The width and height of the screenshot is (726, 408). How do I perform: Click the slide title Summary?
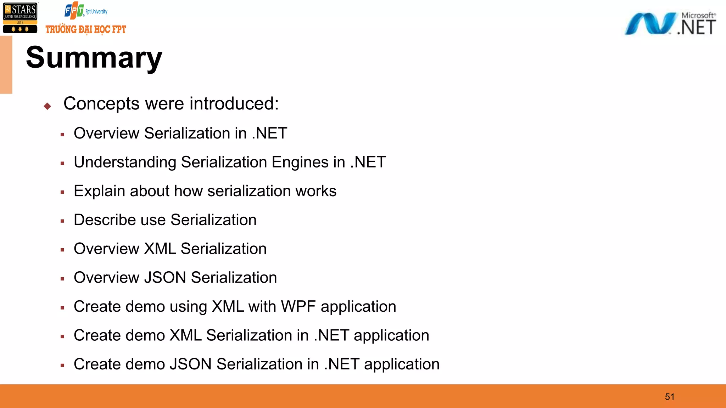[x=94, y=58]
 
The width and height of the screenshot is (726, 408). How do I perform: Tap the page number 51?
[x=670, y=397]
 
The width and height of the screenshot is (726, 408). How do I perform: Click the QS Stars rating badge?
[x=20, y=18]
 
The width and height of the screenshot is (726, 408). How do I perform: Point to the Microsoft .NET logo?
[x=670, y=24]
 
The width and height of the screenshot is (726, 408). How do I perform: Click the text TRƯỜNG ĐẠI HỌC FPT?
[x=86, y=29]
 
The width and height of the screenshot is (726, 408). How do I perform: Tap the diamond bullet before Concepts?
[x=48, y=106]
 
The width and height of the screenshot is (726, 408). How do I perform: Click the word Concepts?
[x=101, y=104]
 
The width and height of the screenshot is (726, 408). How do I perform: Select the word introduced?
[x=234, y=104]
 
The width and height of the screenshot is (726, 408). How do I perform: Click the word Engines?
[x=300, y=163]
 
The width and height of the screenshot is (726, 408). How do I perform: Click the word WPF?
[x=298, y=306]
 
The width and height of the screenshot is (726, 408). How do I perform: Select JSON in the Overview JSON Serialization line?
[x=165, y=278]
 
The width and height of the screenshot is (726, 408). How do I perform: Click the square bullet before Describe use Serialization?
[x=62, y=221]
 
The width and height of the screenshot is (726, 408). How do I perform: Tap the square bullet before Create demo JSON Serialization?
[x=62, y=365]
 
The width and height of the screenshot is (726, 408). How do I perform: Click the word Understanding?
[x=125, y=163]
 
